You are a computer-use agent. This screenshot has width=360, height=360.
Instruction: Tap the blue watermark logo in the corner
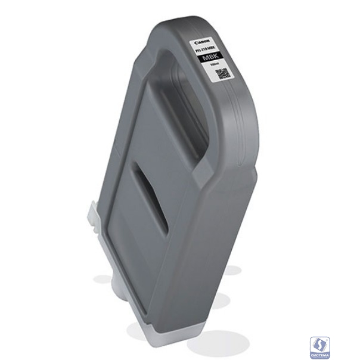tap(319, 345)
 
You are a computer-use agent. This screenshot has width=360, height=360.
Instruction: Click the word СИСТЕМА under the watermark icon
tap(319, 353)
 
